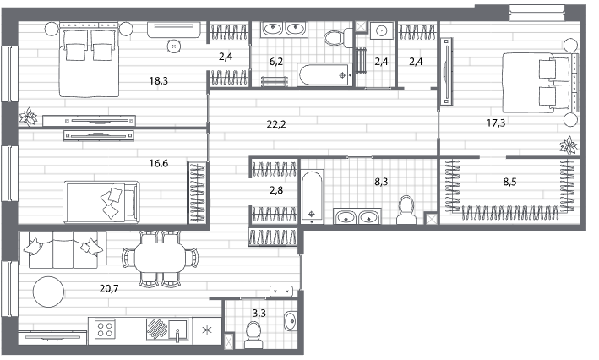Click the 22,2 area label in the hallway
pos(276,124)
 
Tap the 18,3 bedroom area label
pos(159,80)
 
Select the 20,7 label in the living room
pos(109,288)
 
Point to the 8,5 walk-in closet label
pos(509,182)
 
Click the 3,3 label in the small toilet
pos(259,314)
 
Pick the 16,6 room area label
pos(159,164)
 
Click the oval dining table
pos(160,258)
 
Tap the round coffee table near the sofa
pos(48,292)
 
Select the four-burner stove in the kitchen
pos(105,329)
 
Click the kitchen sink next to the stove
pos(177,330)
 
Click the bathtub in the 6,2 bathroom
pos(324,75)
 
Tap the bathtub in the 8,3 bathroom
pos(312,197)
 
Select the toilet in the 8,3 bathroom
pos(406,210)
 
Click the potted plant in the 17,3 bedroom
pos(569,145)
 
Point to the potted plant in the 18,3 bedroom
pos(28,117)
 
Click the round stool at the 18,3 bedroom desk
pos(174,46)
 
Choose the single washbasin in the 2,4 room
pos(382,30)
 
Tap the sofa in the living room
pos(63,249)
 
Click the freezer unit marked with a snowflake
pos(207,330)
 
